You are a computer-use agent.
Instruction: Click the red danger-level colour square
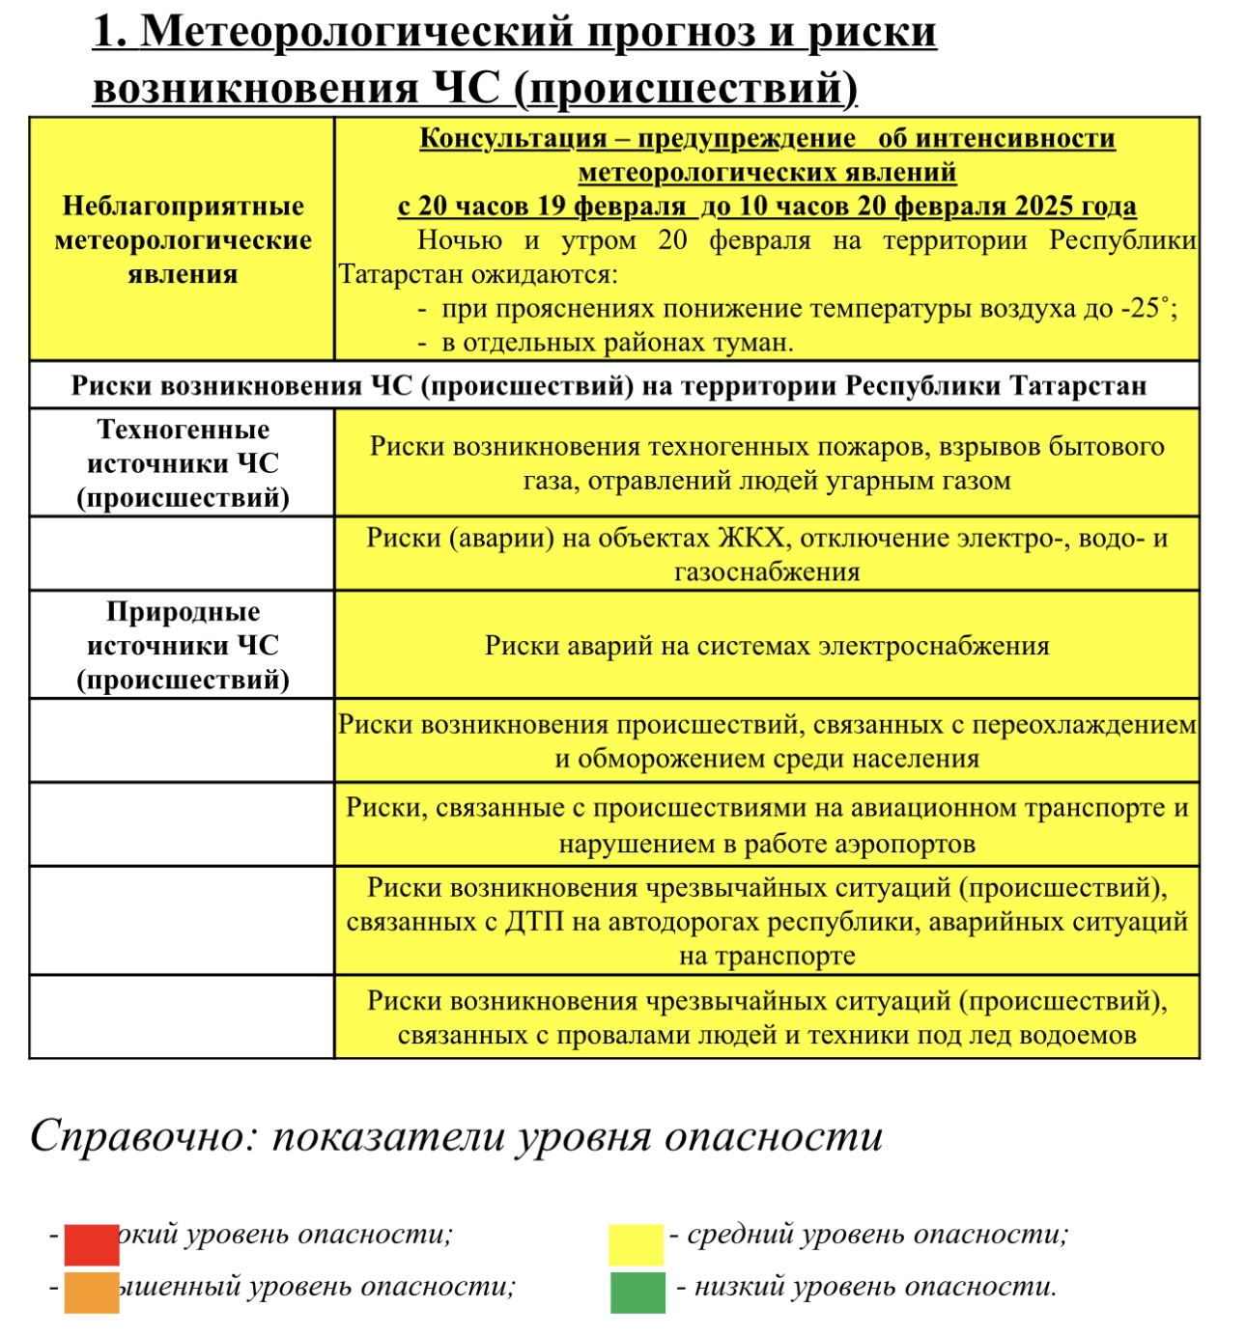tap(92, 1244)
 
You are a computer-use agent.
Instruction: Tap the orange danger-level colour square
tap(92, 1293)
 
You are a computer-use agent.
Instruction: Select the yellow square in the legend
tap(636, 1244)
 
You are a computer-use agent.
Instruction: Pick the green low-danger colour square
tap(637, 1293)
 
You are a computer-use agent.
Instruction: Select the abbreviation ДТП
tap(534, 922)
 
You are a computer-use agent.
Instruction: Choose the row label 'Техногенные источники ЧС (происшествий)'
tap(183, 463)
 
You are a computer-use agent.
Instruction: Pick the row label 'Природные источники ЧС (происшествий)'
tap(183, 646)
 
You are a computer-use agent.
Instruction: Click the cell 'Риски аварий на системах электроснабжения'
tap(767, 646)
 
